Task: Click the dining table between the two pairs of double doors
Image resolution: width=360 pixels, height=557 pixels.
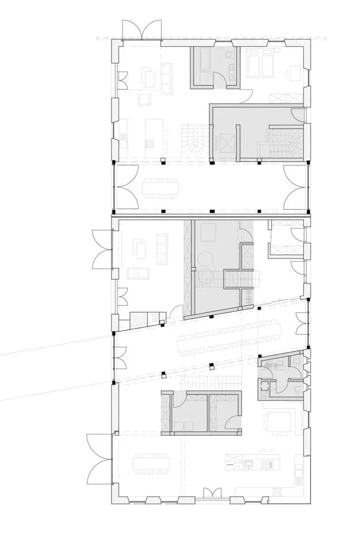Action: (162, 187)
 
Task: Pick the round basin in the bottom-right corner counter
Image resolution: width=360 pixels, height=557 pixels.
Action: (277, 492)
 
